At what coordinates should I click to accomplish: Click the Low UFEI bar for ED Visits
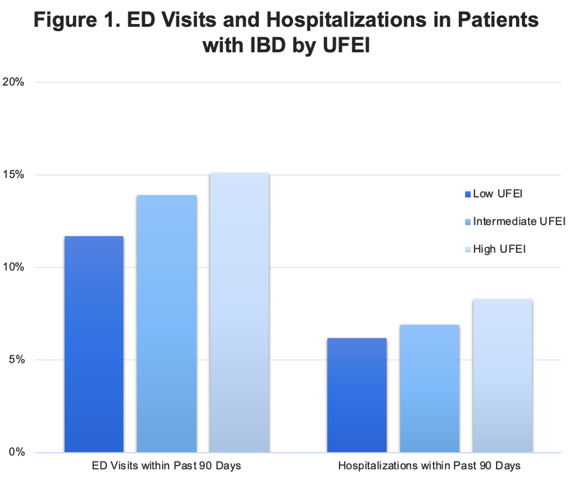coord(94,344)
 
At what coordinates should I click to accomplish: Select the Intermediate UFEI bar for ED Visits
coord(166,324)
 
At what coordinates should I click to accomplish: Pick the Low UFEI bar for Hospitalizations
coord(357,395)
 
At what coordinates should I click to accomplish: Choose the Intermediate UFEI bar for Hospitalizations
coord(430,388)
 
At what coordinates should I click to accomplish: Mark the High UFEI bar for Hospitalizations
coord(502,376)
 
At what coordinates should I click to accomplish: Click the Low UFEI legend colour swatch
coord(468,194)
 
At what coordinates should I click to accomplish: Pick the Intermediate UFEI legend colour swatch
coord(468,222)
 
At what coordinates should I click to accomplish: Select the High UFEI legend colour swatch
coord(468,249)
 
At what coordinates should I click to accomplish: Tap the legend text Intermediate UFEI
coord(519,222)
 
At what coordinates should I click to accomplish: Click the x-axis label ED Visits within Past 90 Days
coord(166,465)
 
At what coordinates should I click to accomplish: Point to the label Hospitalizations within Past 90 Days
coord(430,465)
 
